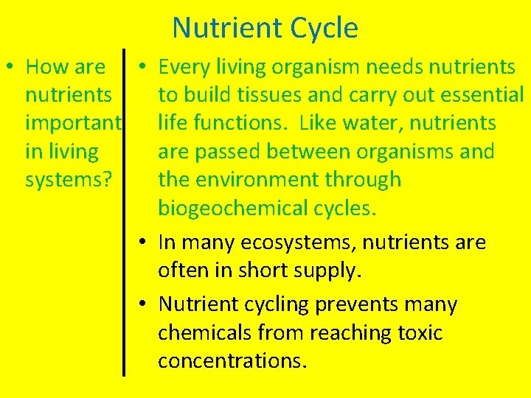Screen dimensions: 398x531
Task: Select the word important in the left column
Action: click(x=72, y=124)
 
